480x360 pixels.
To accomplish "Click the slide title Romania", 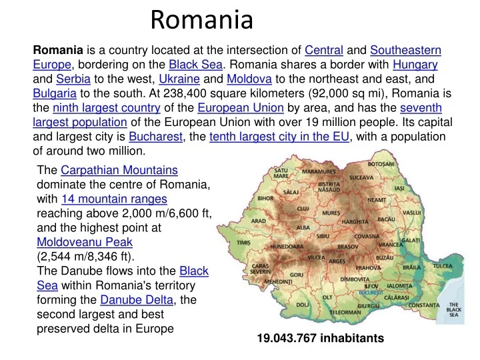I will coord(201,20).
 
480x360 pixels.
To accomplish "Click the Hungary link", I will coord(415,65).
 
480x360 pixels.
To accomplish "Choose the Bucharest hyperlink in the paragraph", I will coord(156,136).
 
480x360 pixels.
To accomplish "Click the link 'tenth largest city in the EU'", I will coord(279,136).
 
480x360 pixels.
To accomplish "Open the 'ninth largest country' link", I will coord(107,107).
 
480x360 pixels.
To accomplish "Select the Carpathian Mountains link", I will coord(119,170).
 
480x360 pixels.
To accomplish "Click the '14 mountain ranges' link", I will coord(114,199).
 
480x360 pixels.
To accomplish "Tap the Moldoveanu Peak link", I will coord(85,242).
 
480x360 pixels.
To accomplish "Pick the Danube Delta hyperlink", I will coord(136,299).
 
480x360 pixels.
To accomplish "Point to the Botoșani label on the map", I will coord(381,164).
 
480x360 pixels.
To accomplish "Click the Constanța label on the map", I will coord(424,305).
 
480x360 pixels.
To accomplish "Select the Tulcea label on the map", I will coord(442,265).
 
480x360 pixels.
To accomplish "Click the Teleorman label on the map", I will coord(345,312).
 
